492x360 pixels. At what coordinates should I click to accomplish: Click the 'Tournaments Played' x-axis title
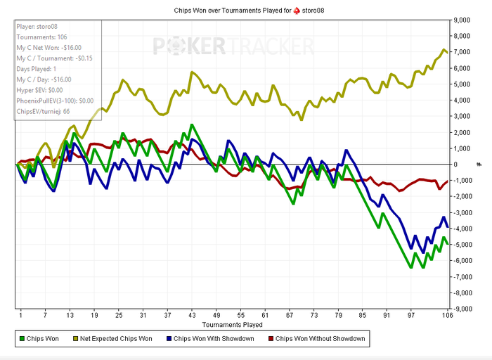(232, 325)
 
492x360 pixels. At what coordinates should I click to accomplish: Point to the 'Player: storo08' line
(39, 27)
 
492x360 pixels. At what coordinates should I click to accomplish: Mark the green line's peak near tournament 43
(191, 124)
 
